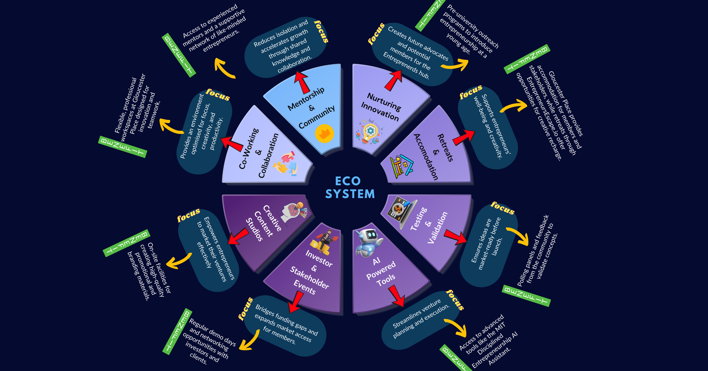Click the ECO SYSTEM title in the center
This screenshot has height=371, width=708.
point(350,188)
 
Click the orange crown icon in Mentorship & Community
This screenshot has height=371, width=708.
point(325,133)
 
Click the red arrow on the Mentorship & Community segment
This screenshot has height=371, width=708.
point(302,82)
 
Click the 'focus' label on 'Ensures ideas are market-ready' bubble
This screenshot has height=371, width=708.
point(502,208)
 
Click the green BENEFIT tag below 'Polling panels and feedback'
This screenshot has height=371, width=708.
point(526,296)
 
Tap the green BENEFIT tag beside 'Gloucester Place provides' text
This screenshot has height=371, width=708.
point(527,59)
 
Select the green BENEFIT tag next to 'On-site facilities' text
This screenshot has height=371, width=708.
point(126,243)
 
